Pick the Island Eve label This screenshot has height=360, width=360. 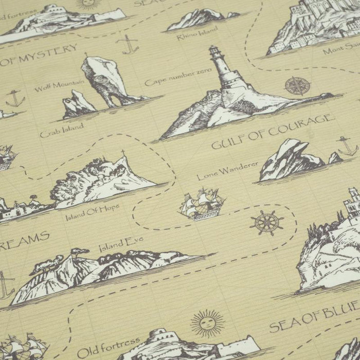pos(121,244)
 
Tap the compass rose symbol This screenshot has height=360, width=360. pos(297,86)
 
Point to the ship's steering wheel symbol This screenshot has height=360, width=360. pos(266,223)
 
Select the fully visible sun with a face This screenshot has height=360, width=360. pos(207,323)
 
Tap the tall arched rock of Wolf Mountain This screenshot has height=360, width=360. pos(105,80)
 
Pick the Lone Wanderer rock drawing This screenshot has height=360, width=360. pos(291,159)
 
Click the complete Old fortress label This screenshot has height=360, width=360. pos(109,347)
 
